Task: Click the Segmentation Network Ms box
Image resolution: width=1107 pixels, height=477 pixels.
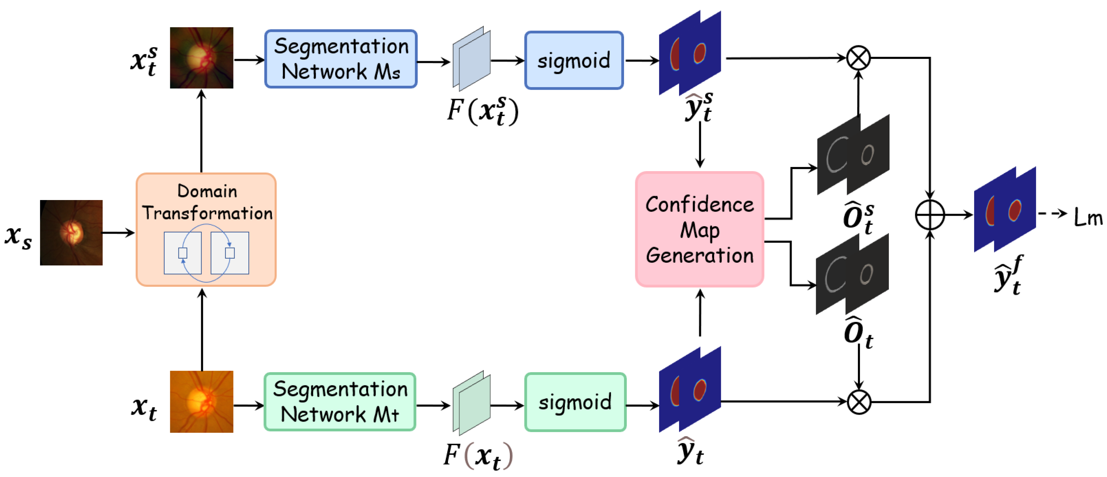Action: [x=341, y=59]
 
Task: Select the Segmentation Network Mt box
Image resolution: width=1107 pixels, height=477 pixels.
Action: [x=340, y=402]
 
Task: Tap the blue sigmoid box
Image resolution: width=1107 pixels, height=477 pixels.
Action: [x=574, y=60]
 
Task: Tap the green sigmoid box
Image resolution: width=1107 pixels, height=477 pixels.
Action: [x=575, y=402]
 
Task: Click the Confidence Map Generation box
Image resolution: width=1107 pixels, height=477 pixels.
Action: [x=699, y=229]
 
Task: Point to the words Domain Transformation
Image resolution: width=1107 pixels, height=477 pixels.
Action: [x=207, y=202]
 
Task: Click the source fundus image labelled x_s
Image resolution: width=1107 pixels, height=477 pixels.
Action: [x=71, y=232]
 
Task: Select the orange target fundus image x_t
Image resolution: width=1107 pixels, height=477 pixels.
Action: [x=202, y=401]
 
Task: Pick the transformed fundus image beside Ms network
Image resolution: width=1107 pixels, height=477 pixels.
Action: [x=202, y=57]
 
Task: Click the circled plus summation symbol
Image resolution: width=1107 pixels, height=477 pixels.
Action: [x=930, y=214]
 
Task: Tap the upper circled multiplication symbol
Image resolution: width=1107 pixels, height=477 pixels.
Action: [x=858, y=57]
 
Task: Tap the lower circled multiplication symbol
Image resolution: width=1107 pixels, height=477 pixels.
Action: [x=859, y=402]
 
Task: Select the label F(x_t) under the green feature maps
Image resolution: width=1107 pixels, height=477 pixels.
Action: [x=478, y=455]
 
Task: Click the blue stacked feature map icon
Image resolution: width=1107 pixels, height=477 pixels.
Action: [x=471, y=59]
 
